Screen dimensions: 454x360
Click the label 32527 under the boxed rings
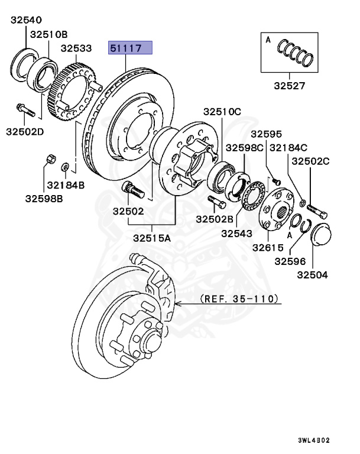click(289, 86)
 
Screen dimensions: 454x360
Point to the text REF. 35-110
click(239, 300)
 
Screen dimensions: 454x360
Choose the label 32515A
click(151, 238)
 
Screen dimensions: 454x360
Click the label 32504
click(312, 274)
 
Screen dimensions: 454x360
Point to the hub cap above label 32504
click(320, 235)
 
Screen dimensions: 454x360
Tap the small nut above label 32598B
click(50, 159)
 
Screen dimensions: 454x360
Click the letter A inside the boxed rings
click(268, 40)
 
